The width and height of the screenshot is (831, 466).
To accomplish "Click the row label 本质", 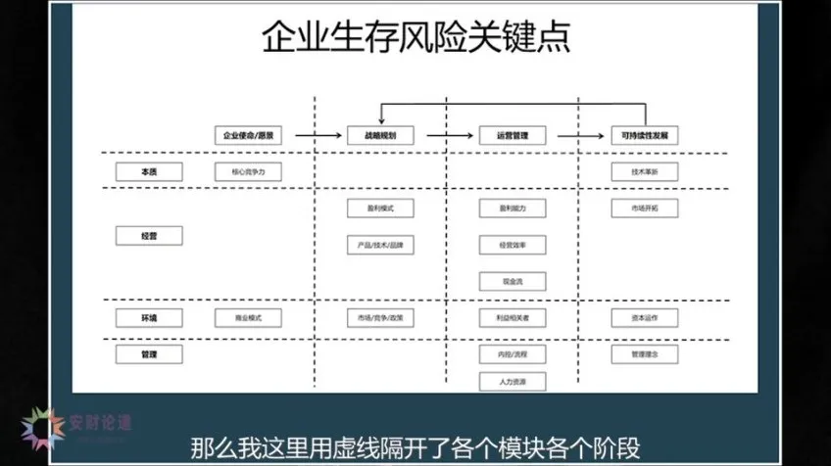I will (x=149, y=171).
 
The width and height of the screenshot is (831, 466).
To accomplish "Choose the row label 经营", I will (x=149, y=235).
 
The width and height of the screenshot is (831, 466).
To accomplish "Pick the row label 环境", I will (x=149, y=317).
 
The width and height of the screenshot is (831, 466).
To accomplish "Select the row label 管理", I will (x=149, y=352).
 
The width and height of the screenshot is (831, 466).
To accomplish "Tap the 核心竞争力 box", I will (x=248, y=171).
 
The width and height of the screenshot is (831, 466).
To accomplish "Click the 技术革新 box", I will (x=644, y=171).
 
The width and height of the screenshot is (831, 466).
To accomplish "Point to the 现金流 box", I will (x=512, y=281).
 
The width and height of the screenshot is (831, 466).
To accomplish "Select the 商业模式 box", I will (x=248, y=317).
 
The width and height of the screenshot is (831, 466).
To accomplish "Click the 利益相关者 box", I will (x=512, y=317).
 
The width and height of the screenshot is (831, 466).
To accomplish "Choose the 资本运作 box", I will (x=644, y=317).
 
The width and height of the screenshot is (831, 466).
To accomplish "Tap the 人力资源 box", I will (x=512, y=381).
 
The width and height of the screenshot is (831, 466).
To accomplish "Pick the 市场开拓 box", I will (x=644, y=209).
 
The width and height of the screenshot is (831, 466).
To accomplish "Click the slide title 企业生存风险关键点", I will (x=415, y=39).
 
